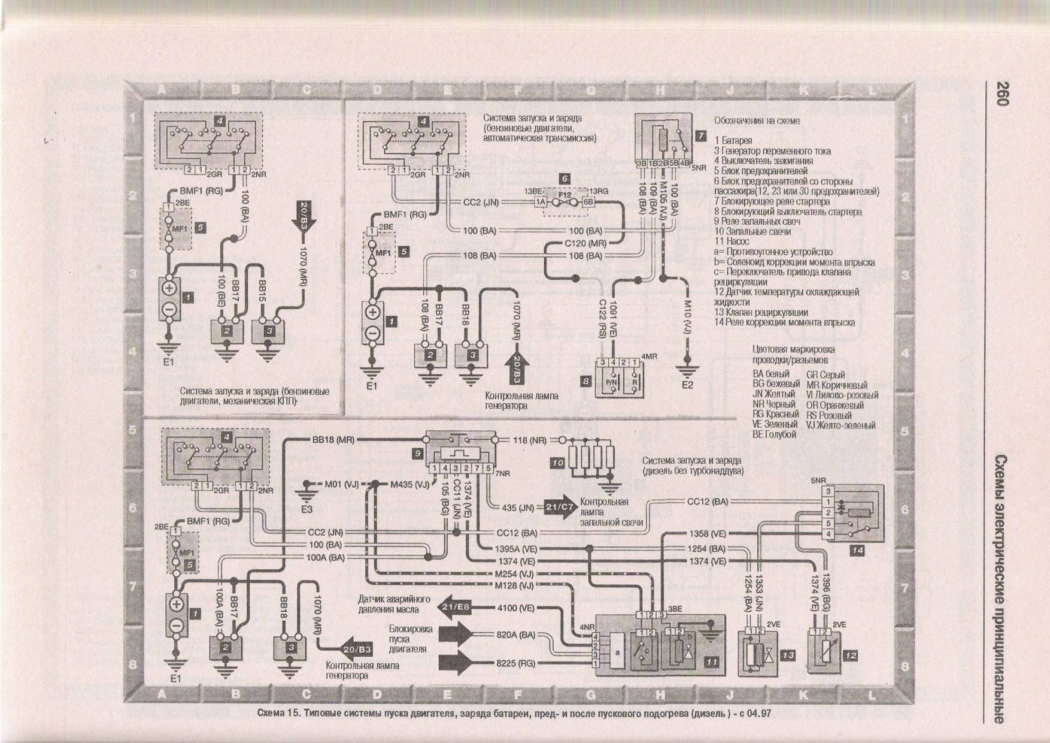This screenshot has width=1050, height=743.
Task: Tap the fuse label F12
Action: (x=565, y=195)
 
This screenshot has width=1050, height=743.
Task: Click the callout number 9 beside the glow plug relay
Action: (x=418, y=454)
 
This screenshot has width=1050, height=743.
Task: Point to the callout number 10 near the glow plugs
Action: (x=557, y=463)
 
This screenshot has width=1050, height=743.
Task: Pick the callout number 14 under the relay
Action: (x=857, y=550)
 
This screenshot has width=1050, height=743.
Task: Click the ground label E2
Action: (x=687, y=385)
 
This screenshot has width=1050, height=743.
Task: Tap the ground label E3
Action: (x=306, y=509)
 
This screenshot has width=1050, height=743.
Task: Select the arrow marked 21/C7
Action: (x=559, y=508)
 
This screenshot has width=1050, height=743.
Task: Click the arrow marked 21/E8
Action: (x=456, y=608)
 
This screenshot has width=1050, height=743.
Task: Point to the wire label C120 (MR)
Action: (x=585, y=243)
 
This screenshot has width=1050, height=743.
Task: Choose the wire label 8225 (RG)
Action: (x=515, y=663)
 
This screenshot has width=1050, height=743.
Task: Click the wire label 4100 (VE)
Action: (x=515, y=608)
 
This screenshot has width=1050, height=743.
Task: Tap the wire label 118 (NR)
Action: (x=529, y=440)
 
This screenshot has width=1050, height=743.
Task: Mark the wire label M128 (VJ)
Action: (x=514, y=585)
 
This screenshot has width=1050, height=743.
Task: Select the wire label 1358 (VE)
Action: (x=707, y=533)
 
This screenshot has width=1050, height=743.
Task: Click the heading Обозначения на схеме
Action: (x=757, y=120)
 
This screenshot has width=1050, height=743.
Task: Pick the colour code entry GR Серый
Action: (x=826, y=374)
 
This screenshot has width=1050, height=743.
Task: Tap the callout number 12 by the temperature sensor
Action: (x=850, y=656)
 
